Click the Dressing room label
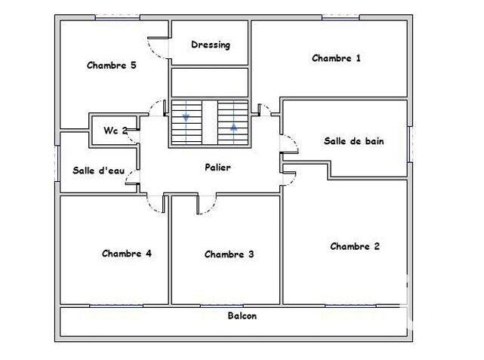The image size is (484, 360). coord(210,45)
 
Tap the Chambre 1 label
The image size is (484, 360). coord(336,58)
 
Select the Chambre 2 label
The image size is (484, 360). coord(354,246)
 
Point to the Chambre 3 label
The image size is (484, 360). coord(229,254)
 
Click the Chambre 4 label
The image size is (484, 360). coord(127,254)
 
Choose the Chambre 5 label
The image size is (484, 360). coord(111,65)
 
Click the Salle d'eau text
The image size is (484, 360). coord(98,171)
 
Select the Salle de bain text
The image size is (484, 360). coord(354,140)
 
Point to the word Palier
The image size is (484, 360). coord(217,167)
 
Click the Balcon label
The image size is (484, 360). coord(242,316)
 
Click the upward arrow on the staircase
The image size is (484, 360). coord(233,126)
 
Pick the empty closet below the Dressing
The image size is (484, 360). coord(210,82)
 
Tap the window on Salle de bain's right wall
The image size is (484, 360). coord(409,143)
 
